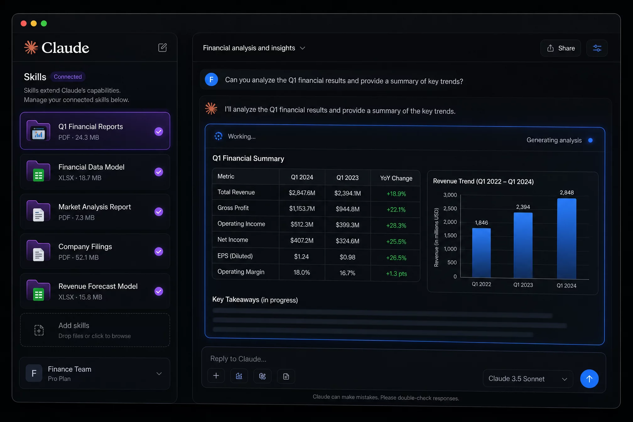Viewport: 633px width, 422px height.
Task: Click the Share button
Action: tap(561, 48)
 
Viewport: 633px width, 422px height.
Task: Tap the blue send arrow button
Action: tap(589, 379)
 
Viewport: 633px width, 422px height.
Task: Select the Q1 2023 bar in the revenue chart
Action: tap(523, 246)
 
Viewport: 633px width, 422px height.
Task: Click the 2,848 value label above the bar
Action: tap(567, 192)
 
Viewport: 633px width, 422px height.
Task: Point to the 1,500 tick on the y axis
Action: tap(450, 235)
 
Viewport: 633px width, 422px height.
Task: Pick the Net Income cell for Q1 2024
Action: tap(302, 241)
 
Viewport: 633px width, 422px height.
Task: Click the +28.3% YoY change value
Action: tap(396, 225)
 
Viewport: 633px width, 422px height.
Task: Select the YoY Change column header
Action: tap(396, 178)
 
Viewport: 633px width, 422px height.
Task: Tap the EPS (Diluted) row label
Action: tap(235, 256)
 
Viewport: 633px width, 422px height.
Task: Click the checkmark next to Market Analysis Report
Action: tap(159, 212)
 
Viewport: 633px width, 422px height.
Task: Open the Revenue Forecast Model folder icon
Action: tap(39, 290)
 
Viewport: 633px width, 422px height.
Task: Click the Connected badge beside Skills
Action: tap(68, 77)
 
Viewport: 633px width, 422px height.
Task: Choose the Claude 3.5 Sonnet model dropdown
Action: tap(528, 379)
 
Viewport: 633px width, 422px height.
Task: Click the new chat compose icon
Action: tap(162, 48)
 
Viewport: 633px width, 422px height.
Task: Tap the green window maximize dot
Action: tap(44, 24)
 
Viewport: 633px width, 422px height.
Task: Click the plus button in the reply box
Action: tap(216, 376)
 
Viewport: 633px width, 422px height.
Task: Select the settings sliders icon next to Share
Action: tap(597, 48)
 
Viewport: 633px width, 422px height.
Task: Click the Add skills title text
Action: tap(74, 326)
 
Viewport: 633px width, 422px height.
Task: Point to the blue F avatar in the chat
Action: tap(211, 79)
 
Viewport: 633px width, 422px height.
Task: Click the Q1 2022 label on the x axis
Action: tap(481, 284)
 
